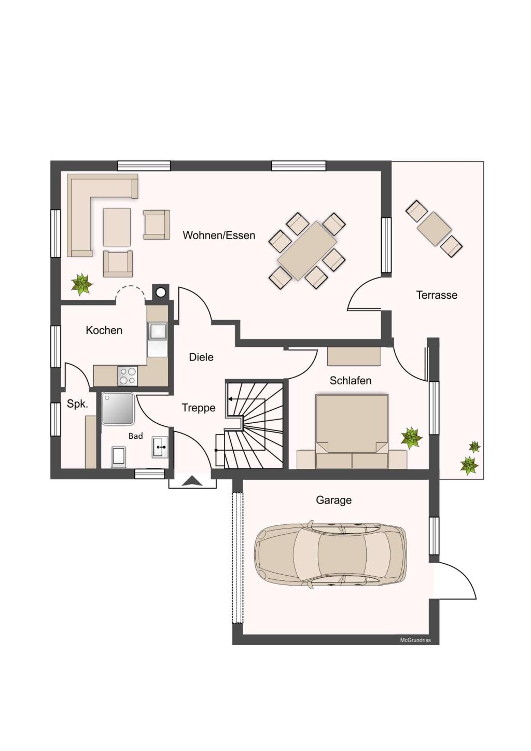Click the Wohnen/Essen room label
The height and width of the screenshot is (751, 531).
(219, 235)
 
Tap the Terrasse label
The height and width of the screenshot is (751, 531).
(437, 295)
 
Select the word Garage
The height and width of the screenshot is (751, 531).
(333, 500)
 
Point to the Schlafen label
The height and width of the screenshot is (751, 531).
(351, 381)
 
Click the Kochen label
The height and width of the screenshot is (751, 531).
(104, 330)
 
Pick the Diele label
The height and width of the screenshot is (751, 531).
(201, 357)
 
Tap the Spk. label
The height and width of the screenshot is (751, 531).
(77, 404)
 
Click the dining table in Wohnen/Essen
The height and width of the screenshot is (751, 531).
(307, 251)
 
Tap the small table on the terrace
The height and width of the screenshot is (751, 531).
(434, 229)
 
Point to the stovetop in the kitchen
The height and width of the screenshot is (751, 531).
(128, 375)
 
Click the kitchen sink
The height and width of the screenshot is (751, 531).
(157, 331)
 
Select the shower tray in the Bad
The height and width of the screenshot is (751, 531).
(118, 408)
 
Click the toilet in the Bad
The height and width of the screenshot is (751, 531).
(119, 457)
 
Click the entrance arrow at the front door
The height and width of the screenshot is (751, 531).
(192, 481)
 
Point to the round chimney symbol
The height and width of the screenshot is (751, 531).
(161, 293)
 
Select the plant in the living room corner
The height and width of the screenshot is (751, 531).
(81, 284)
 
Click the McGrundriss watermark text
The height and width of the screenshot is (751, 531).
(415, 640)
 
